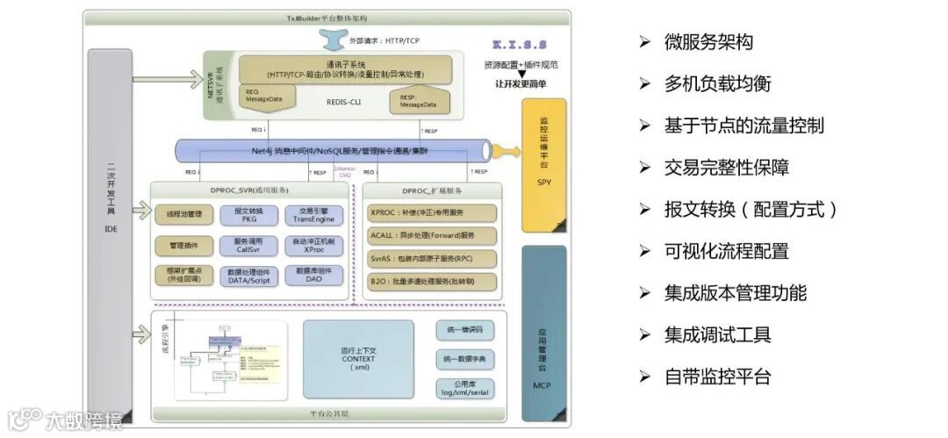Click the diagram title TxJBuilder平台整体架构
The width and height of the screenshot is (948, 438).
(327, 18)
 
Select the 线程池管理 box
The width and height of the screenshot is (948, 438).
(184, 214)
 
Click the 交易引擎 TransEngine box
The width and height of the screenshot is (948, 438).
(306, 214)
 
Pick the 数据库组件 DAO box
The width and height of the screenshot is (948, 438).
(306, 275)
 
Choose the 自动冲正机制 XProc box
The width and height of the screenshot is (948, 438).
(306, 244)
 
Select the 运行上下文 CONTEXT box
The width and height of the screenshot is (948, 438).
(358, 360)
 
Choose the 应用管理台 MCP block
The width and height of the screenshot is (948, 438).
(544, 334)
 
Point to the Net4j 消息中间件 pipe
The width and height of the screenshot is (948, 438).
(334, 151)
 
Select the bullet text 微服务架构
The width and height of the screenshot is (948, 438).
(708, 42)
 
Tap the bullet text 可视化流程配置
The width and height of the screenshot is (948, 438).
(726, 251)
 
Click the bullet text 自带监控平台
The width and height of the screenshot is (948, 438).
(717, 377)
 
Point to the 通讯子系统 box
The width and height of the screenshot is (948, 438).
(346, 69)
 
